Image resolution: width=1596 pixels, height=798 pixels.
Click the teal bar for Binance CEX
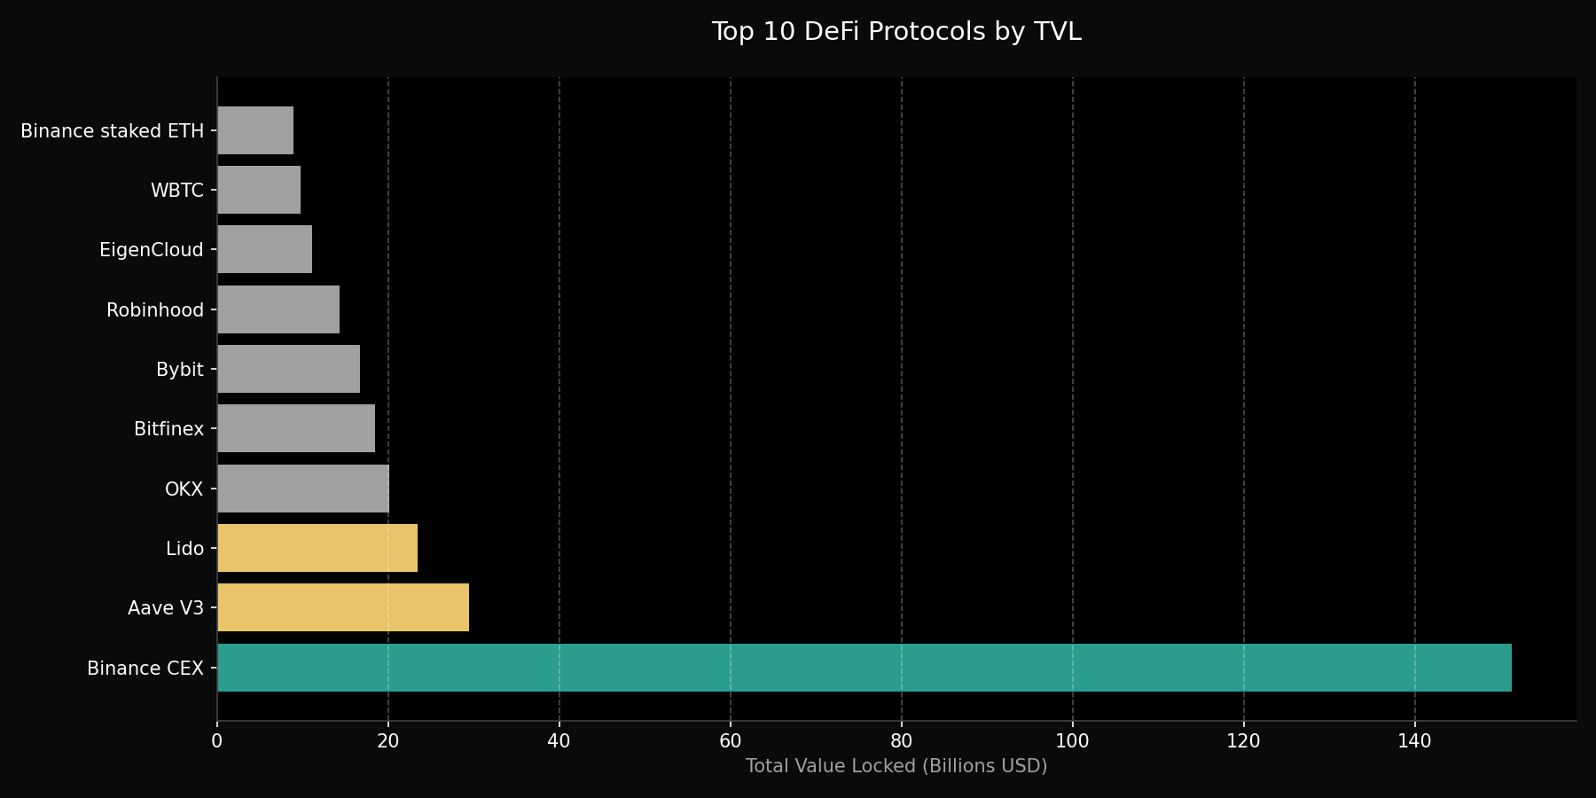pyautogui.click(x=864, y=668)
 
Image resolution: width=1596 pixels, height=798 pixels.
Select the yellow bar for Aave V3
pyautogui.click(x=343, y=607)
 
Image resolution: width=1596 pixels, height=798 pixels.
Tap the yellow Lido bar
pyautogui.click(x=317, y=548)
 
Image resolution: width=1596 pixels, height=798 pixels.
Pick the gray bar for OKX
pyautogui.click(x=303, y=489)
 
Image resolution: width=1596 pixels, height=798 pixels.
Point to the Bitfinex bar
pyautogui.click(x=296, y=428)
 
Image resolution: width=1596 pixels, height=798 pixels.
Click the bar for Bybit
pyautogui.click(x=288, y=369)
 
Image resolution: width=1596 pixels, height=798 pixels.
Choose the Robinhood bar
pyautogui.click(x=278, y=309)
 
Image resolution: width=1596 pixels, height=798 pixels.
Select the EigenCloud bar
pyautogui.click(x=264, y=249)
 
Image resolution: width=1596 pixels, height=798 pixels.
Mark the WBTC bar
pyautogui.click(x=259, y=190)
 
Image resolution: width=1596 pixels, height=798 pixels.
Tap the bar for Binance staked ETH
pyautogui.click(x=255, y=130)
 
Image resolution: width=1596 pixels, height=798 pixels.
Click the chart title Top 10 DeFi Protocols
pyautogui.click(x=896, y=32)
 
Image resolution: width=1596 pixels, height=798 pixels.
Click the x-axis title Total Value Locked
pyautogui.click(x=896, y=766)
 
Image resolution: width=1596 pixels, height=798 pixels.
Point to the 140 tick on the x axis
pyautogui.click(x=1414, y=741)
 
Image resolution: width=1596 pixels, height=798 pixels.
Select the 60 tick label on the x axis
pyautogui.click(x=730, y=741)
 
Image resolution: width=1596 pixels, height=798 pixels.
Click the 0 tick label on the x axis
pyautogui.click(x=217, y=741)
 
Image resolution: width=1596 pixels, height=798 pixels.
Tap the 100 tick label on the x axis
pyautogui.click(x=1072, y=741)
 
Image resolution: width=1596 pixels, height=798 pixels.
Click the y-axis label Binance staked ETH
pyautogui.click(x=112, y=131)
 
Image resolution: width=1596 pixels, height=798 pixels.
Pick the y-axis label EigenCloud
pyautogui.click(x=151, y=250)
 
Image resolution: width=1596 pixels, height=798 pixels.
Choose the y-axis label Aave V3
pyautogui.click(x=165, y=608)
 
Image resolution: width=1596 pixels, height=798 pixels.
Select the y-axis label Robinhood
pyautogui.click(x=154, y=310)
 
